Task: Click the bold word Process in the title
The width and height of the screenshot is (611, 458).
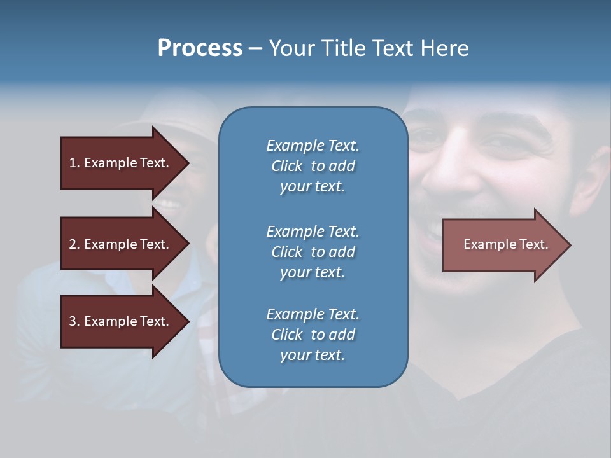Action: click(200, 48)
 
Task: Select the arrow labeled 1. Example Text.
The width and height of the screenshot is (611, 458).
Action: click(121, 163)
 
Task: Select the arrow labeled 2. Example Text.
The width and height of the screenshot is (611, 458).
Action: click(121, 244)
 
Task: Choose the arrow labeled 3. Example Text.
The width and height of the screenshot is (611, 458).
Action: click(121, 321)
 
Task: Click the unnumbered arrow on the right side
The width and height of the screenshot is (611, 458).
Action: click(503, 244)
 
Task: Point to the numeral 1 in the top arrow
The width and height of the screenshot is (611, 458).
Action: click(73, 163)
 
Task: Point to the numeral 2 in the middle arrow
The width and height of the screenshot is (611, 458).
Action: click(73, 244)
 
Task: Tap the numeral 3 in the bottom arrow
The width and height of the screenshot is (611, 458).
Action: click(73, 321)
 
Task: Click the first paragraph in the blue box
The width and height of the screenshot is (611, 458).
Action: click(313, 166)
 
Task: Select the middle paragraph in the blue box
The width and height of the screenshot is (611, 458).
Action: click(313, 252)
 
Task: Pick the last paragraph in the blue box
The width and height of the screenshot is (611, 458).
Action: click(313, 335)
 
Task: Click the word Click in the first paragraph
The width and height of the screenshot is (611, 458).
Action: click(287, 166)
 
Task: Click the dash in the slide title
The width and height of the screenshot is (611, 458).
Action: click(256, 48)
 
